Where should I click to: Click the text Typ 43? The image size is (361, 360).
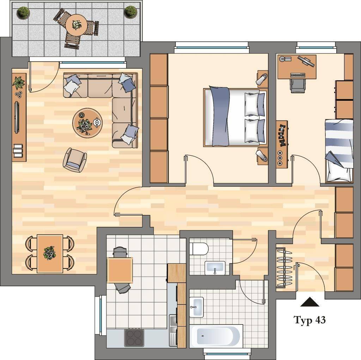310,320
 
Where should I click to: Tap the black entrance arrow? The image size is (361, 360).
310,302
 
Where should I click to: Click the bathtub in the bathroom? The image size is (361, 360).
216,336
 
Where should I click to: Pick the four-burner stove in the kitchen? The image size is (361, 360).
134,338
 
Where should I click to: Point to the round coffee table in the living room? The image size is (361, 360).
87,123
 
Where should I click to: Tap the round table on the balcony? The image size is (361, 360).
76,24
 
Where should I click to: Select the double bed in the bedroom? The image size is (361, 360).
235,117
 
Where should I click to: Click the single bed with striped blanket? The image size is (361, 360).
339,151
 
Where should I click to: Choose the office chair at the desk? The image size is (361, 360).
298,86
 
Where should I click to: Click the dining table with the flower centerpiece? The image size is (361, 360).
50,254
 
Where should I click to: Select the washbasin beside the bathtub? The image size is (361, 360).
196,307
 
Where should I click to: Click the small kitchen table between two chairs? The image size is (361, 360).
120,270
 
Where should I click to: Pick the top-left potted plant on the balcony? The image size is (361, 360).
24,13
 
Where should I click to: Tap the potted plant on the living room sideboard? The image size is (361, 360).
18,83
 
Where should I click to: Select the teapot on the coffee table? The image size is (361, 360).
97,122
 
